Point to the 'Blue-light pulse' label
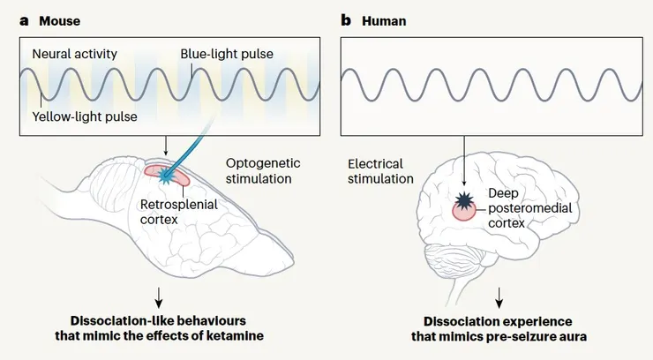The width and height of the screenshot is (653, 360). [x=227, y=55]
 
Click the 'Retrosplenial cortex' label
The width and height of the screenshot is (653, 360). [x=180, y=211]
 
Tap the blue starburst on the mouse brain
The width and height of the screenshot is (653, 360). [x=164, y=177]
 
